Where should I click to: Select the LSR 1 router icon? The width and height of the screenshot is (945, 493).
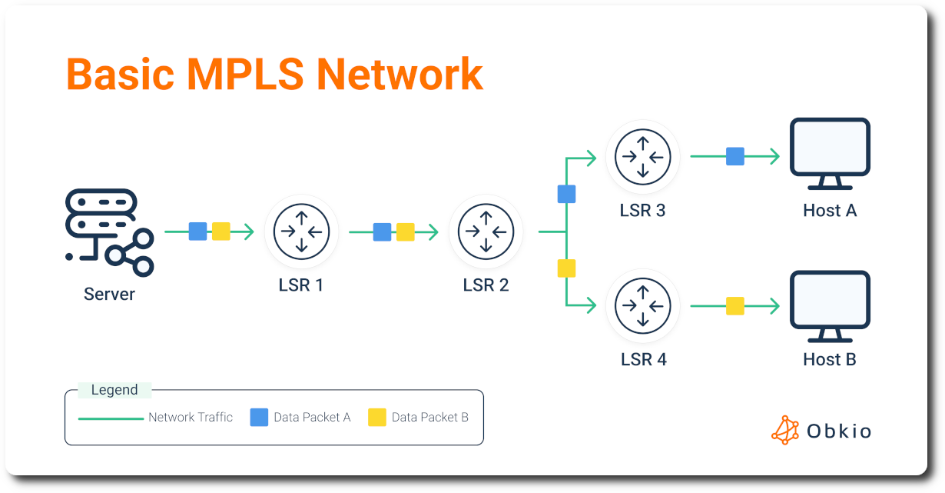point(301,232)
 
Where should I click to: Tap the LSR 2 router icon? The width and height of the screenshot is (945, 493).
point(486,232)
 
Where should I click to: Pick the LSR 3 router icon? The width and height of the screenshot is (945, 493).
point(642,157)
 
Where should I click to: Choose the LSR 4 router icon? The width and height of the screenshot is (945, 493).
point(642,306)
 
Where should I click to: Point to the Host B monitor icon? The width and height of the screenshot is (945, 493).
point(830,306)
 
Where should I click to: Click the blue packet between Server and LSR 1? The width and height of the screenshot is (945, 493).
point(197,232)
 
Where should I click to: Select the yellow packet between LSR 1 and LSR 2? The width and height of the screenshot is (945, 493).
point(406,232)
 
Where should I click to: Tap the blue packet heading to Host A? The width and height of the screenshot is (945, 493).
point(735,157)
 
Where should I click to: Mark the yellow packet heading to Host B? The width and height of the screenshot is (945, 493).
point(735,306)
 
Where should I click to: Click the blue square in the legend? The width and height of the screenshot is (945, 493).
point(259,418)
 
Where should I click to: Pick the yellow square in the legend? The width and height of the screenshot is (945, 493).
point(376,418)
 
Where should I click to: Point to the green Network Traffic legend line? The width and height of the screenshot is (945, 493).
point(111,418)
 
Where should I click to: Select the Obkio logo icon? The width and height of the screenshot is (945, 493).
point(784,430)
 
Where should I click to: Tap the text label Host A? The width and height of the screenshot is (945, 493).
point(829,210)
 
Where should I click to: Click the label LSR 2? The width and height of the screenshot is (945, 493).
point(486,285)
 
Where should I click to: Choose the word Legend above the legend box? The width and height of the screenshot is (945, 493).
point(114,390)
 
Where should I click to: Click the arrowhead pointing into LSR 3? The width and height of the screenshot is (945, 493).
point(591,158)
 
